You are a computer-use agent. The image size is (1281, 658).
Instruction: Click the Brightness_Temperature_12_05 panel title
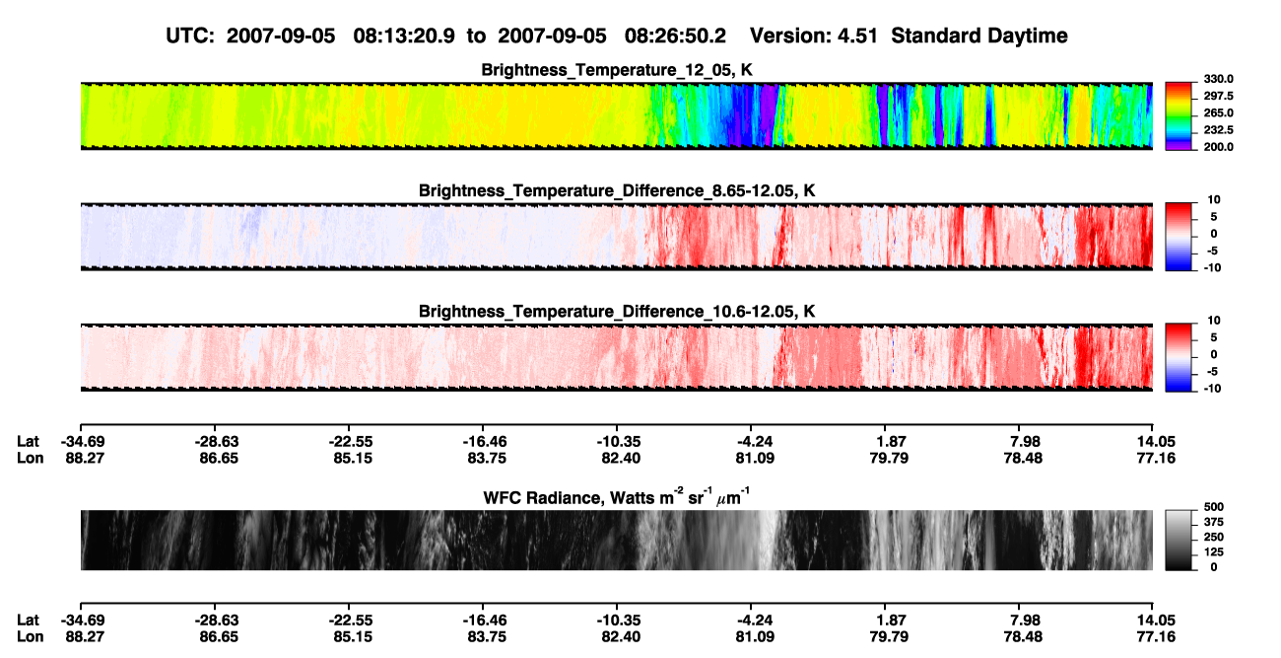[x=617, y=70]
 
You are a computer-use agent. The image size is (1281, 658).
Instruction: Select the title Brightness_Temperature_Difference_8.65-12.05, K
[x=617, y=191]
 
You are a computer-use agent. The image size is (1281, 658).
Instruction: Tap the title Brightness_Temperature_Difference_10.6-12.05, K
[x=617, y=312]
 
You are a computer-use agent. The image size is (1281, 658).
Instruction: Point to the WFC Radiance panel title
[x=617, y=497]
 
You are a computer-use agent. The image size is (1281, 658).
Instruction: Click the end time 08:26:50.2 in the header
[x=675, y=37]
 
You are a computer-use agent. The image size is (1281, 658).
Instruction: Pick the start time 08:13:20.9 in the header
[x=404, y=37]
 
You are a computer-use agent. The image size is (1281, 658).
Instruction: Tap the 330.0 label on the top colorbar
[x=1218, y=79]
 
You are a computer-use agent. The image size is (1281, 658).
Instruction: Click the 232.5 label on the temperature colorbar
[x=1218, y=130]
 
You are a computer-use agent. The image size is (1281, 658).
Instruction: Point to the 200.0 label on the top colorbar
[x=1218, y=147]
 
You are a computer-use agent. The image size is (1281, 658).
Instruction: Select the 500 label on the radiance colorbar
[x=1213, y=507]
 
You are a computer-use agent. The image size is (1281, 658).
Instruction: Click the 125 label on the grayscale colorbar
[x=1213, y=552]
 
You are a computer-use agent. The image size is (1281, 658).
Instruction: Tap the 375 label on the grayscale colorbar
[x=1213, y=522]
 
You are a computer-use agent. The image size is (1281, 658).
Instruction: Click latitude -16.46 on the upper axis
[x=484, y=442]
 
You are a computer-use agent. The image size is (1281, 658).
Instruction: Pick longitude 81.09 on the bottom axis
[x=755, y=637]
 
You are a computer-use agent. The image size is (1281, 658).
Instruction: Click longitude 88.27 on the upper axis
[x=85, y=458]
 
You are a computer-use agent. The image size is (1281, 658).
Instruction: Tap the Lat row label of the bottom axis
[x=28, y=621]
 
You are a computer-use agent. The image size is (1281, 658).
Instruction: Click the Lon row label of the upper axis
[x=30, y=458]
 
